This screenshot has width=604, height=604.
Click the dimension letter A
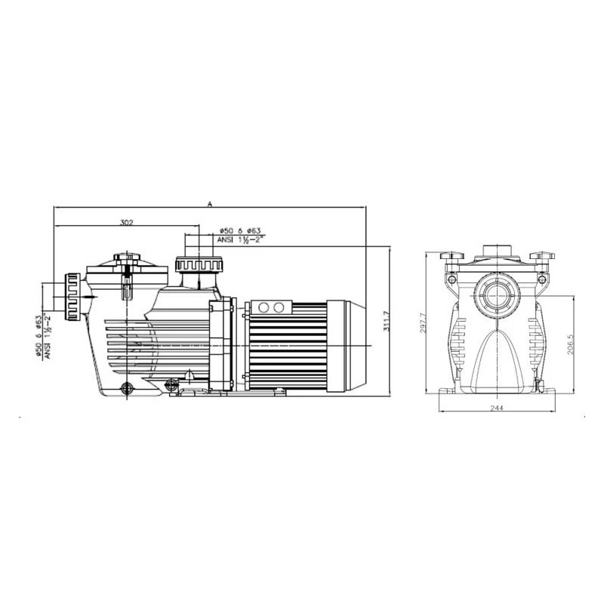pyautogui.click(x=210, y=204)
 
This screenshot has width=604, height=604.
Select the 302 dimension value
pyautogui.click(x=126, y=222)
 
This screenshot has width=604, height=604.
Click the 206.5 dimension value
pyautogui.click(x=571, y=344)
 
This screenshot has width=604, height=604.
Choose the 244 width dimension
pyautogui.click(x=497, y=408)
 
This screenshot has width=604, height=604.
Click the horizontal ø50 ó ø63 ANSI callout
pyautogui.click(x=239, y=235)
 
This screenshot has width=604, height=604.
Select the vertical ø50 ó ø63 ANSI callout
pyautogui.click(x=44, y=337)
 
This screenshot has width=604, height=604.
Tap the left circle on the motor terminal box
pyautogui.click(x=263, y=307)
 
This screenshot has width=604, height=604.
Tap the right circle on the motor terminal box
pyautogui.click(x=279, y=307)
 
